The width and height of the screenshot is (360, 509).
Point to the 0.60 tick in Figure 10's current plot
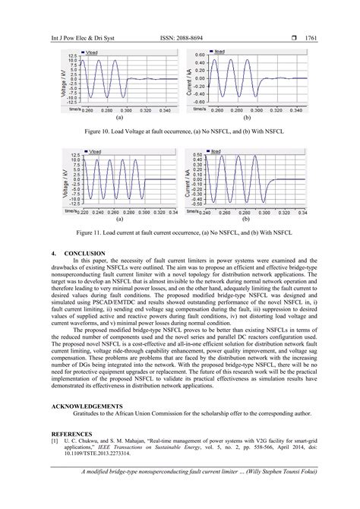[200, 55]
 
